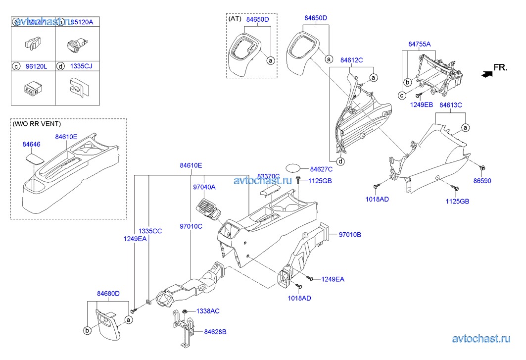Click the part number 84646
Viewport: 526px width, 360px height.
click(x=32, y=144)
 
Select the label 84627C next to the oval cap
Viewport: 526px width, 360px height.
click(x=320, y=169)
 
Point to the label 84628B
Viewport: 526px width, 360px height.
click(x=215, y=332)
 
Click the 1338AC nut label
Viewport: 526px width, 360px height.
click(x=208, y=311)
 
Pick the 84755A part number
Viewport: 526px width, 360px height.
click(x=419, y=44)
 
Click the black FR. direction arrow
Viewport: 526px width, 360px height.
click(x=487, y=74)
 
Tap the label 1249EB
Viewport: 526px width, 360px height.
click(x=421, y=104)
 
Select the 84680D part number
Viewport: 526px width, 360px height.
click(x=108, y=294)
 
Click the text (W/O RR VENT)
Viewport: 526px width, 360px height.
click(x=34, y=124)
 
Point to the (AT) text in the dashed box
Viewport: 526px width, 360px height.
click(x=235, y=18)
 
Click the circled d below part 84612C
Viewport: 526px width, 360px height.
click(x=341, y=161)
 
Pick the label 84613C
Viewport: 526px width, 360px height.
click(x=450, y=105)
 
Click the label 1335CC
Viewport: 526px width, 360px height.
click(x=150, y=231)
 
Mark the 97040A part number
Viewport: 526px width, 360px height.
click(x=204, y=187)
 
